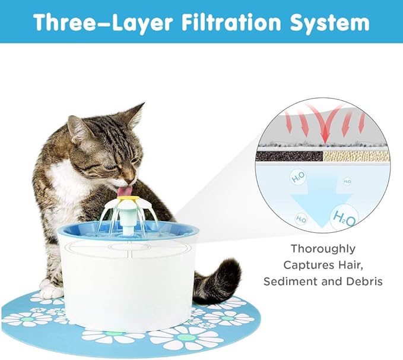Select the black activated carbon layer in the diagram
(288, 156)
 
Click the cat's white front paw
(52, 292)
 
